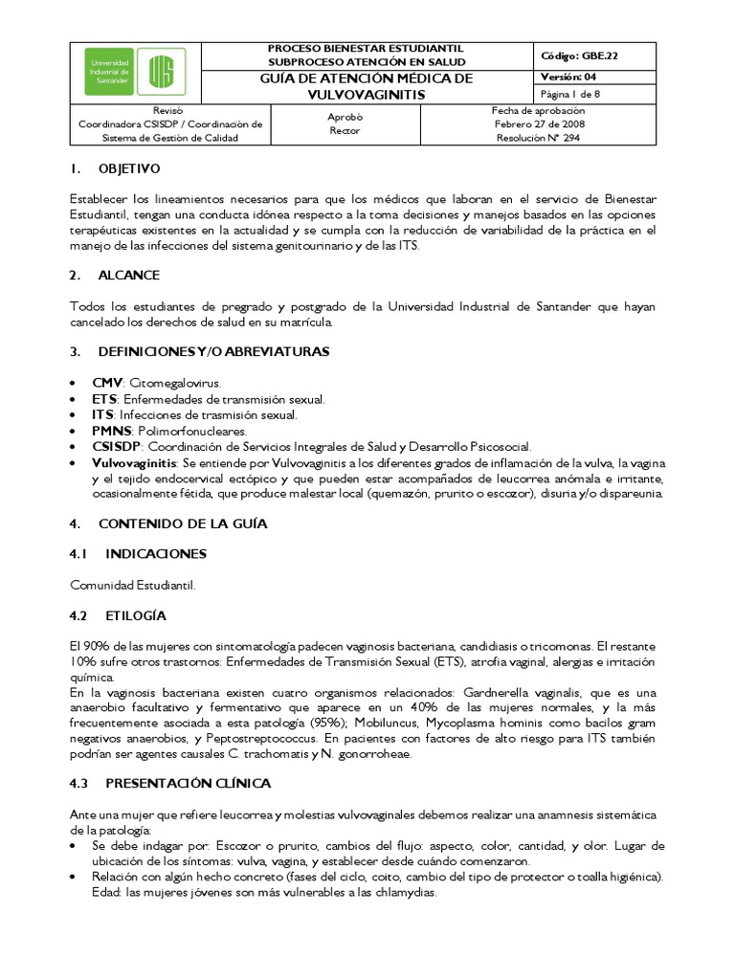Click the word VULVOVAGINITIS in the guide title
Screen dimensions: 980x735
368,96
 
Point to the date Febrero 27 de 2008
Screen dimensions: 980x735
538,124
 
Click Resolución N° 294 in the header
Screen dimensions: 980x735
538,138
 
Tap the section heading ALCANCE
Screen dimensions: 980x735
126,275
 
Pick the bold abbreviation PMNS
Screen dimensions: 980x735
110,431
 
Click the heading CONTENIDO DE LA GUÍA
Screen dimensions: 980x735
183,523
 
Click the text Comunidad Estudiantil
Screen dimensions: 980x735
132,585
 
